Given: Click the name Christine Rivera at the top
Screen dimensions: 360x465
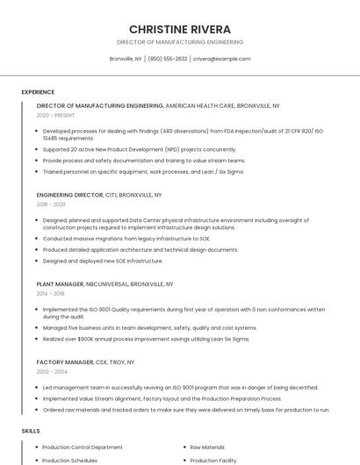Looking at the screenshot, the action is (179, 29).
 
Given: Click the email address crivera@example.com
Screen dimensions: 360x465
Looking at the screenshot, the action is (221, 59).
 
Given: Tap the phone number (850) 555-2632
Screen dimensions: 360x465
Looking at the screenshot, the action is (167, 59).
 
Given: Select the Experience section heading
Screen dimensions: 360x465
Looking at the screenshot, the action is (38, 92).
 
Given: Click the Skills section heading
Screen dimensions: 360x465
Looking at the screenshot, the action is (31, 431).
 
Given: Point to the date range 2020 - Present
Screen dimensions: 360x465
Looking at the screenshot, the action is (55, 115).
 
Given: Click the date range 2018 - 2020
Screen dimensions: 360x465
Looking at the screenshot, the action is (51, 204).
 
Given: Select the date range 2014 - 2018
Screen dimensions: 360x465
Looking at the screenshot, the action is (50, 294).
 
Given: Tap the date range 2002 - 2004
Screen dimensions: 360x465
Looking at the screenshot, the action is (52, 372).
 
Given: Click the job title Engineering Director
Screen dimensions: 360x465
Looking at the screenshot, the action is (69, 195).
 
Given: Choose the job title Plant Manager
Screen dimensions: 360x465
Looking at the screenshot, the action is (60, 284).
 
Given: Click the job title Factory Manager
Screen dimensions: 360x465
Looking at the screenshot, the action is (65, 362).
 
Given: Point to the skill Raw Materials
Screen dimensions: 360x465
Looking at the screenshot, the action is (207, 447).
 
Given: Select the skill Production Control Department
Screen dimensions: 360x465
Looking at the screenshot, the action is (83, 447).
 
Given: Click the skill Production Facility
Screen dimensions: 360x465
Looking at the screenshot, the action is (213, 461).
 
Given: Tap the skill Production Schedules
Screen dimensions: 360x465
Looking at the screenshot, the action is (70, 461).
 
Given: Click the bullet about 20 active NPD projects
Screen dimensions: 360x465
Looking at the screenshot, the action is (139, 149).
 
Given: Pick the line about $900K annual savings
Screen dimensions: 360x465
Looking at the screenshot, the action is (146, 339).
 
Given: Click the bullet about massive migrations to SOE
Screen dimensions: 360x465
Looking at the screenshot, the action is (126, 239).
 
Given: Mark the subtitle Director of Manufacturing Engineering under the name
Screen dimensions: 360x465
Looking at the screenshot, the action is (179, 42).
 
